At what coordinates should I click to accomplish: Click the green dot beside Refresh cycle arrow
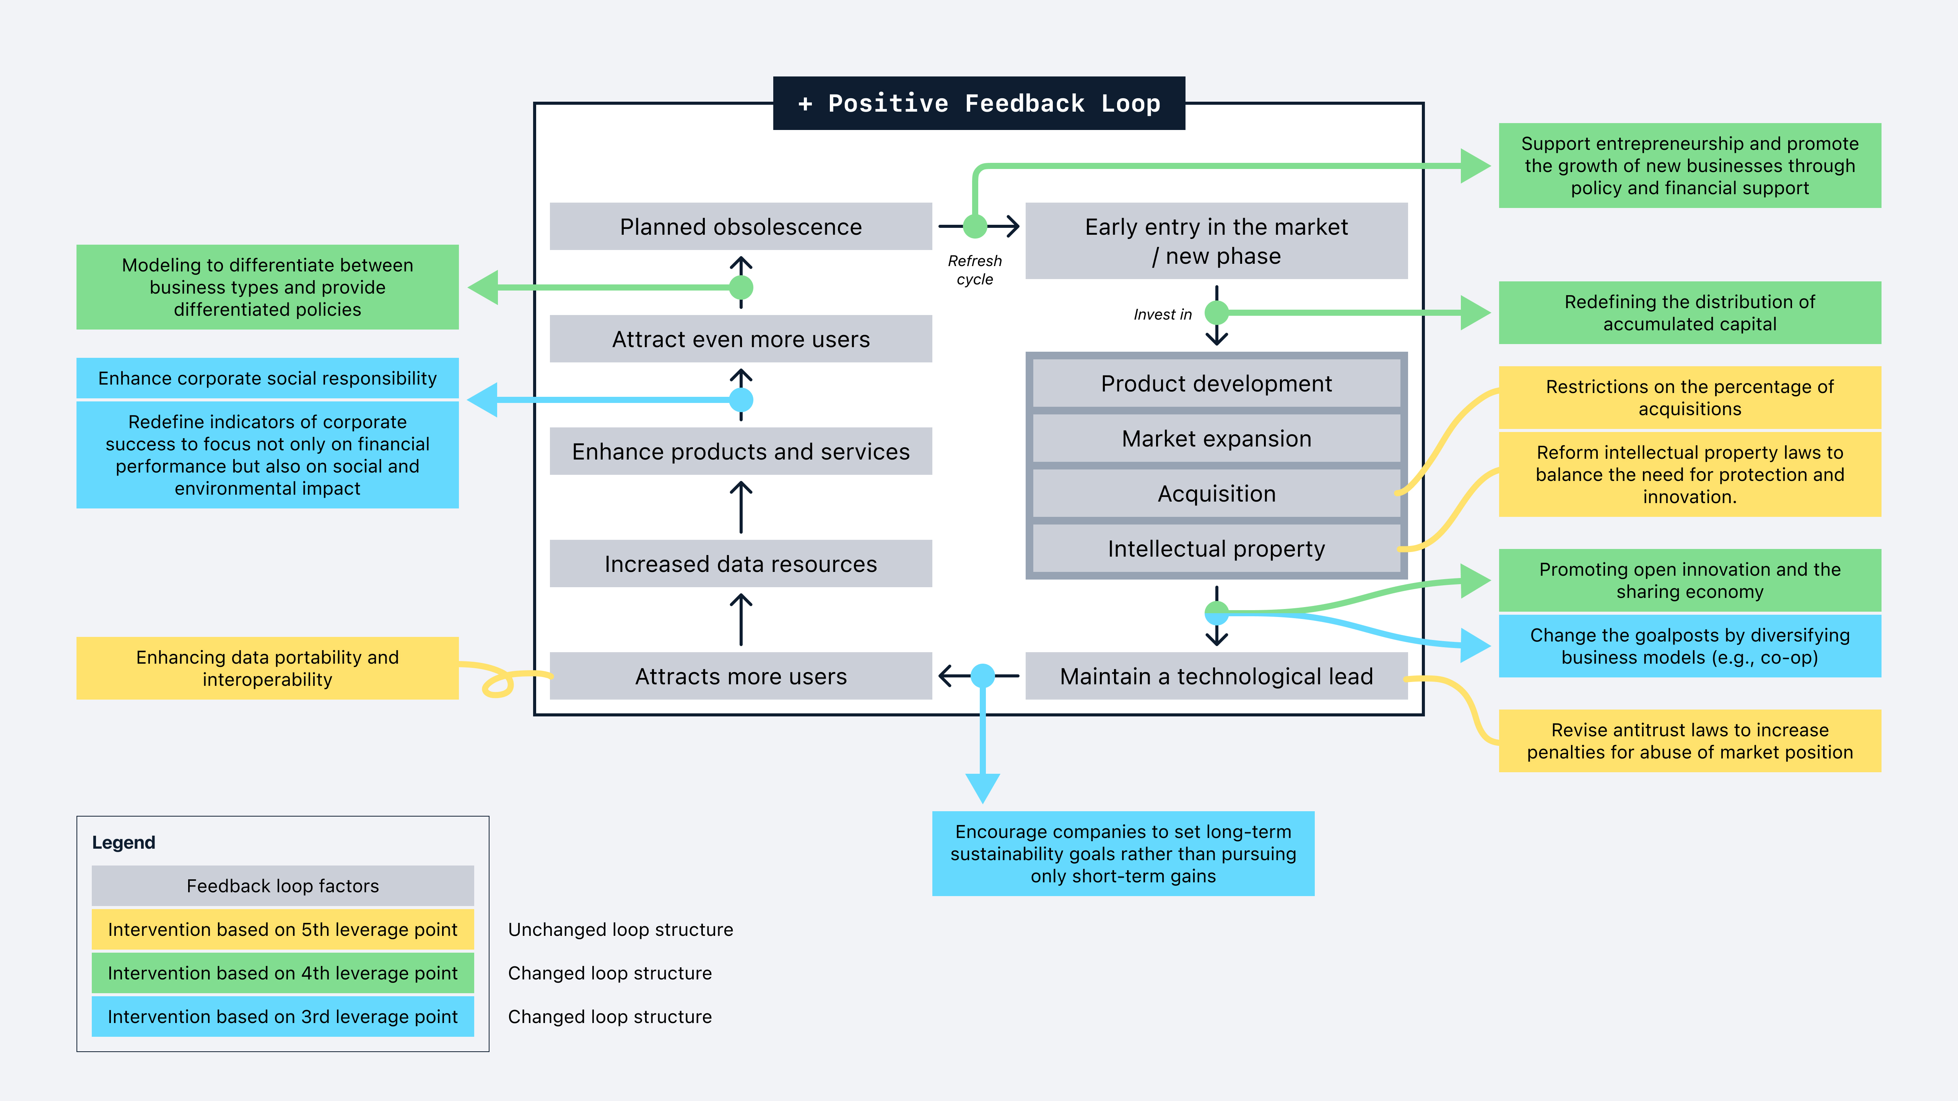(x=975, y=226)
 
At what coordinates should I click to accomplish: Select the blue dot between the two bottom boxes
(x=983, y=676)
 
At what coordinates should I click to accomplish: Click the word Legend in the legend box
(x=123, y=843)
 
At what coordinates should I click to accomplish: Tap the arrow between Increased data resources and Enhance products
(x=741, y=508)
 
